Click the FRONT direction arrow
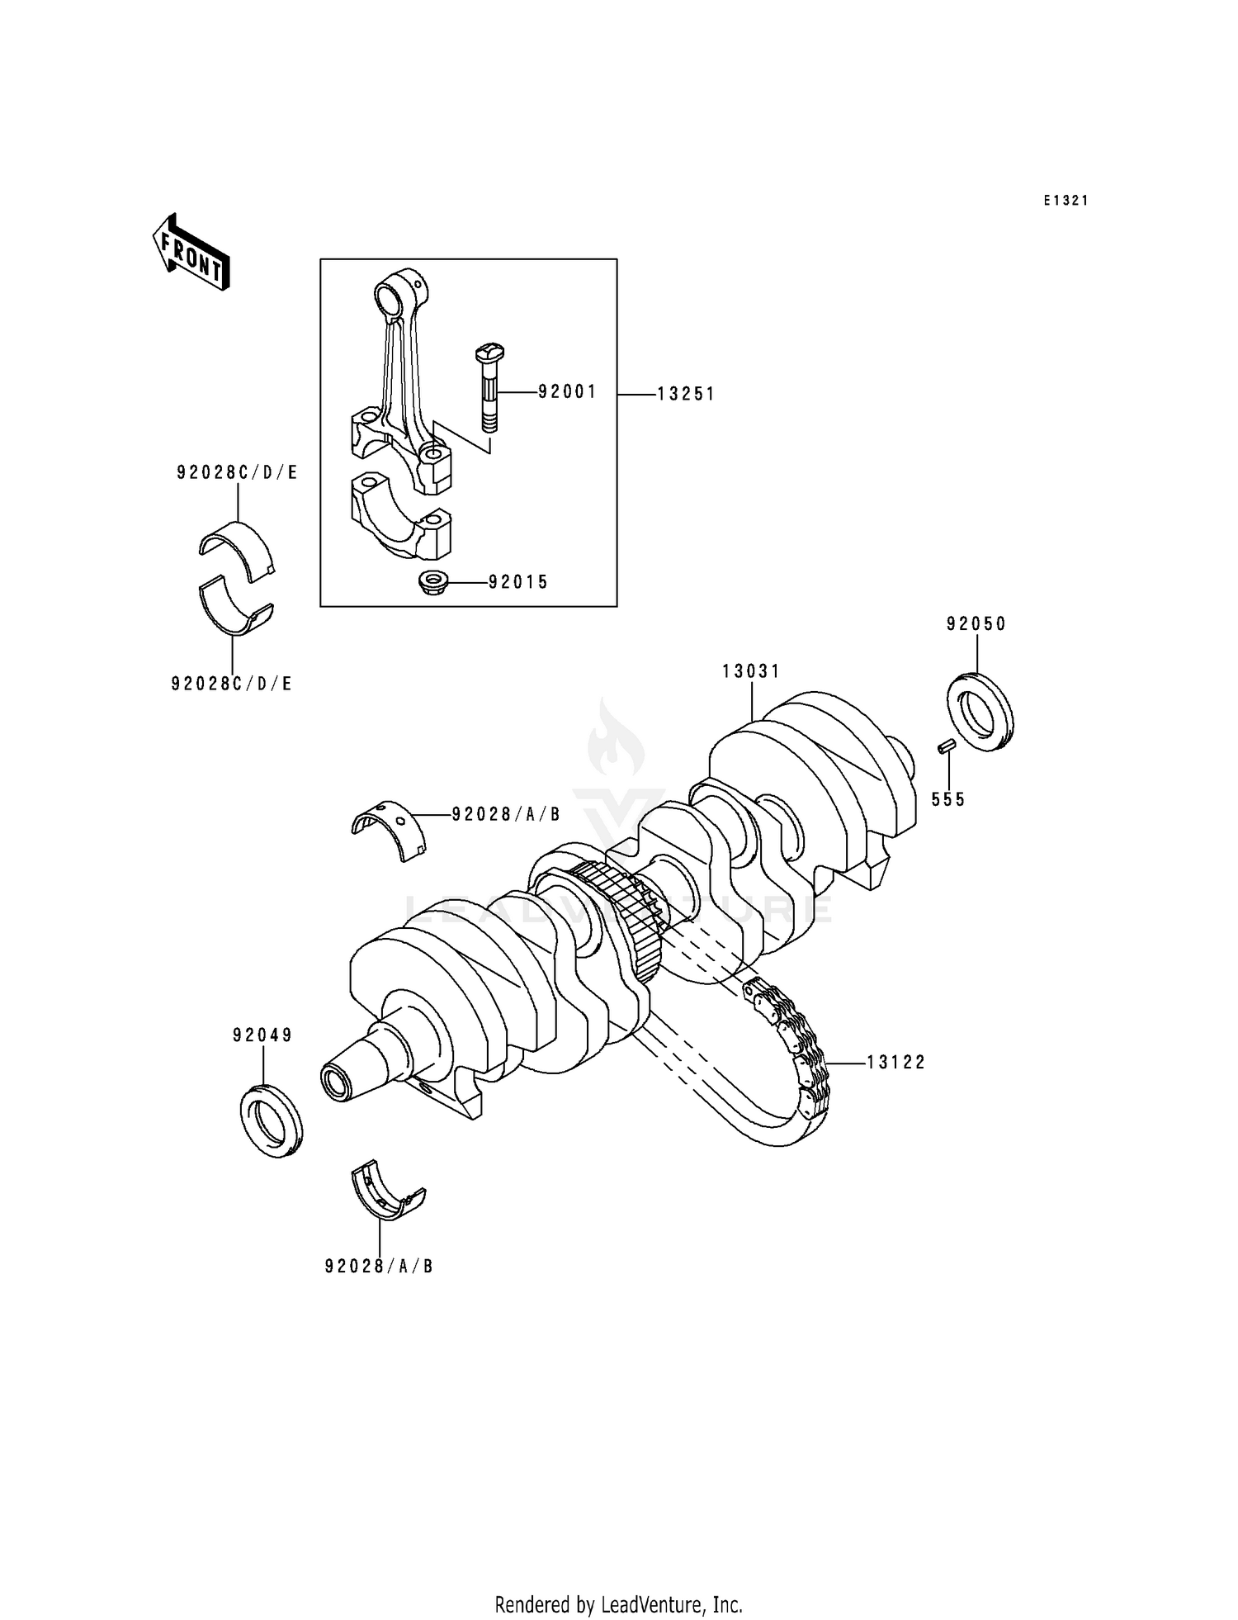pyautogui.click(x=191, y=253)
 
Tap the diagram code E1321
pyautogui.click(x=1066, y=201)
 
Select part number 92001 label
pyautogui.click(x=567, y=391)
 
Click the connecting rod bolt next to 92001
pyautogui.click(x=487, y=388)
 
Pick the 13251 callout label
pyautogui.click(x=686, y=395)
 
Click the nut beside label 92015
pyautogui.click(x=432, y=582)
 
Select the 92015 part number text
pyautogui.click(x=518, y=582)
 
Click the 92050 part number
pyautogui.click(x=976, y=624)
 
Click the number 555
pyautogui.click(x=948, y=799)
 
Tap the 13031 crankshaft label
pyautogui.click(x=751, y=671)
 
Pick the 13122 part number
pyautogui.click(x=896, y=1063)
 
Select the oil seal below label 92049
pyautogui.click(x=272, y=1122)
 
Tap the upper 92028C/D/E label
pyautogui.click(x=237, y=473)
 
